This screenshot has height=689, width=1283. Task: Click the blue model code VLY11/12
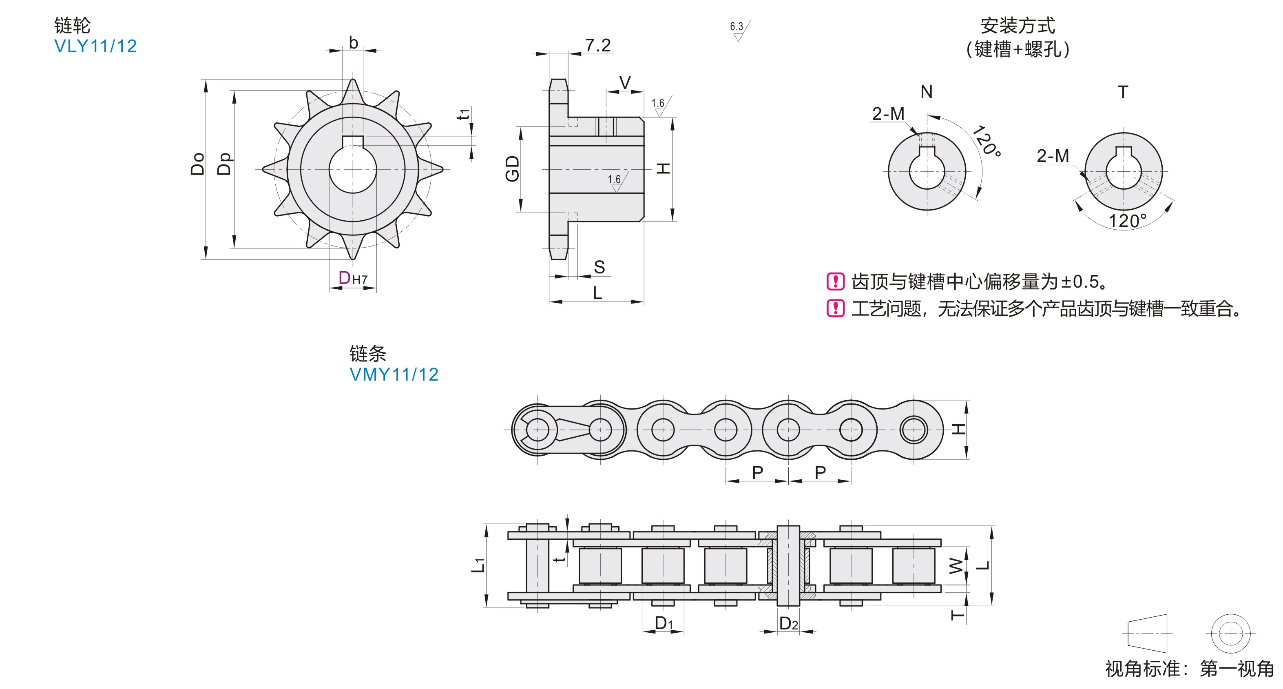(95, 47)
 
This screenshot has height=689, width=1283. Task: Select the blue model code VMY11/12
(394, 374)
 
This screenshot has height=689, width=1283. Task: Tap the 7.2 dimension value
(598, 45)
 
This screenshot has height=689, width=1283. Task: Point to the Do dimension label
(198, 164)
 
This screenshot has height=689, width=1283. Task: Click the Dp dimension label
(225, 164)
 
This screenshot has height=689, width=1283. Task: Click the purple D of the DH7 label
(344, 277)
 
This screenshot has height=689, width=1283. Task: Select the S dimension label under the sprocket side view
(599, 267)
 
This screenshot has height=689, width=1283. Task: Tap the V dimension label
(624, 82)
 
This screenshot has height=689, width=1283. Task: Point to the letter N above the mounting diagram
(927, 92)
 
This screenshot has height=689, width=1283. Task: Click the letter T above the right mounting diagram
(1123, 92)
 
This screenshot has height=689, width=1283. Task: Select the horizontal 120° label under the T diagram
(1127, 221)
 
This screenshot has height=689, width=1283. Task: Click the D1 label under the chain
(664, 623)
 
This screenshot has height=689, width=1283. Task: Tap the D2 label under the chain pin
(788, 624)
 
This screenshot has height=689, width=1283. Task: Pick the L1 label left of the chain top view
(478, 565)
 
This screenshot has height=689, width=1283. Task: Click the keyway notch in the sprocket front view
(353, 142)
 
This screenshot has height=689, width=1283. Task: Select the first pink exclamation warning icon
(835, 281)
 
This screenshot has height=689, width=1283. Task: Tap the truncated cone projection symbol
(1148, 633)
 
